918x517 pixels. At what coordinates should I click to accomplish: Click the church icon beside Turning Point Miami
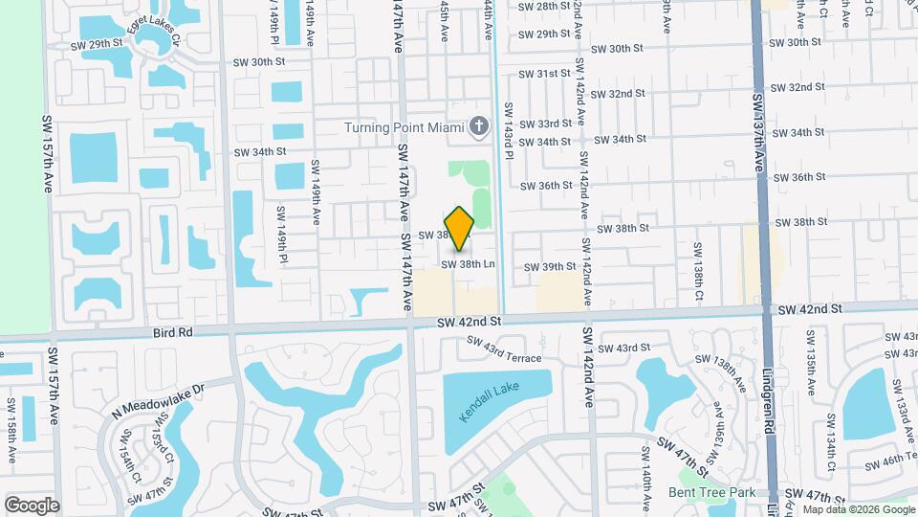(480, 126)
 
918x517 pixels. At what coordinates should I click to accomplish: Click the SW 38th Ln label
(469, 263)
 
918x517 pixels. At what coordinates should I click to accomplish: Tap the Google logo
(32, 505)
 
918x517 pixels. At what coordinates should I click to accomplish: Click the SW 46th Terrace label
(889, 461)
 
